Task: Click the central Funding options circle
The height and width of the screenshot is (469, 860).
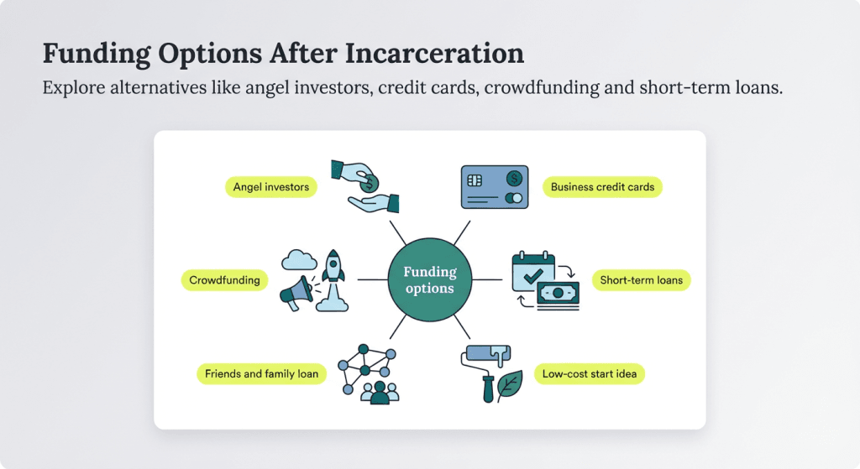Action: (429, 279)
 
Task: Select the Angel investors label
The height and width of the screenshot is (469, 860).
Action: (271, 187)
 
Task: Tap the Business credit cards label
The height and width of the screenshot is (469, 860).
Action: (602, 187)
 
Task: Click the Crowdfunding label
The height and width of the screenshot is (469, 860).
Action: (224, 280)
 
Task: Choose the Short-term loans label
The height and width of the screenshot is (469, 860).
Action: (640, 280)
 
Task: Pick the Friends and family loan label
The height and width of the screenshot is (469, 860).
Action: (261, 373)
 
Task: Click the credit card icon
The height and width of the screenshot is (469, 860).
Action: (494, 186)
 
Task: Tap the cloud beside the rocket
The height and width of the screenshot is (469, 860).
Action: (298, 261)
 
